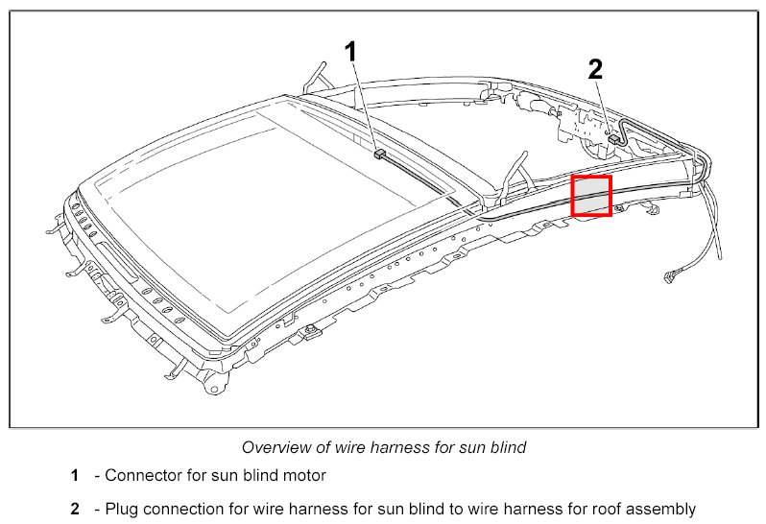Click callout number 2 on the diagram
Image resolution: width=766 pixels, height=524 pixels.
click(x=595, y=68)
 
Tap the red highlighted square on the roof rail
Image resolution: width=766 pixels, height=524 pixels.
click(x=591, y=196)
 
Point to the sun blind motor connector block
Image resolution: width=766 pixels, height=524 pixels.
click(x=379, y=152)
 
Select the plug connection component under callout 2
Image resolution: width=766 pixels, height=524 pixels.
click(x=613, y=139)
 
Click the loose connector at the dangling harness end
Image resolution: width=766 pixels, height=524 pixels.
click(x=669, y=277)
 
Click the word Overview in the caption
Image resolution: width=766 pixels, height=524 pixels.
click(x=273, y=446)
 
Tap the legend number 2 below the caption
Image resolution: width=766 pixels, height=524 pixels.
click(x=74, y=509)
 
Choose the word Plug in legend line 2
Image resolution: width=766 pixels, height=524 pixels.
click(x=122, y=509)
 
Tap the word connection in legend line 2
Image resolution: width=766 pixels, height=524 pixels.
click(x=183, y=509)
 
